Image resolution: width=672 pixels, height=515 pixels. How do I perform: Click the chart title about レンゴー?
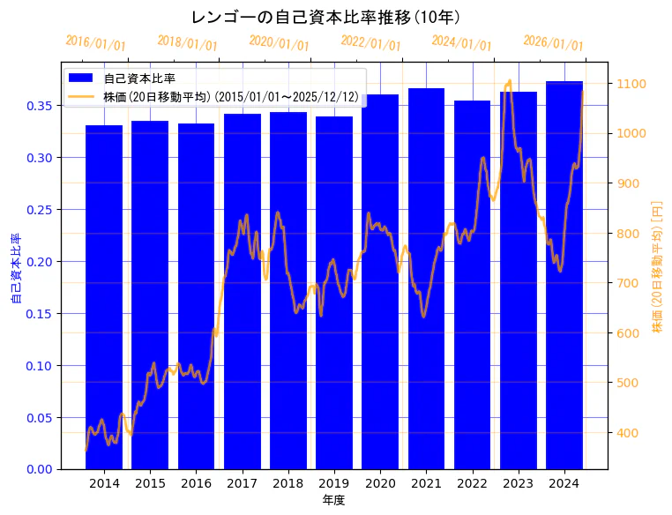(325, 17)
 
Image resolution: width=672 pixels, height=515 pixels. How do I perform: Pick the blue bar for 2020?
(380, 281)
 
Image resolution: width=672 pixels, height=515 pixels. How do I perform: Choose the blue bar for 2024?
(564, 274)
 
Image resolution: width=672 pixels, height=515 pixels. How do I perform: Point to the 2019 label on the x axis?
(334, 483)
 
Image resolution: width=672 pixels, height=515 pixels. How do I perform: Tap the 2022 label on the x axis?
(472, 483)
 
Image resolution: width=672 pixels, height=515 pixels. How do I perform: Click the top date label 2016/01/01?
(96, 42)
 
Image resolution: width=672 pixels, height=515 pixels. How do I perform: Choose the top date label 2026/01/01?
(553, 42)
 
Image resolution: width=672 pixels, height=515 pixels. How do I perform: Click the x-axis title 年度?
(334, 500)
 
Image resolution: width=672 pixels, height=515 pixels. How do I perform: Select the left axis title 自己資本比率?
(15, 269)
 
